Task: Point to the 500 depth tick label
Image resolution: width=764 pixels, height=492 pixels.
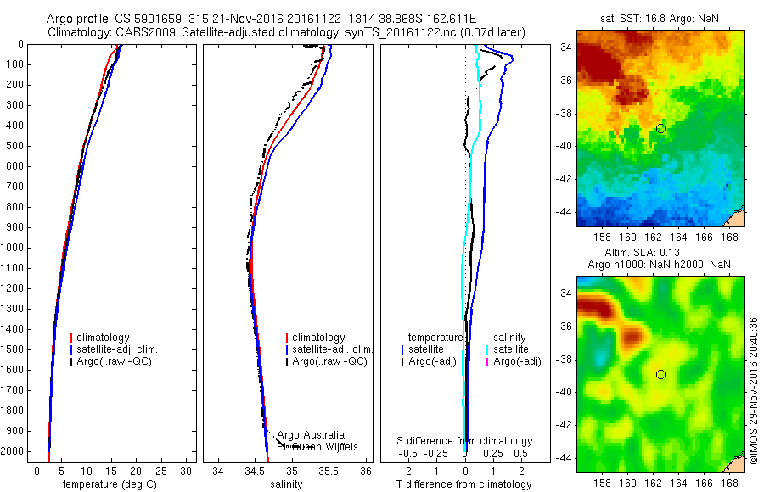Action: (14, 146)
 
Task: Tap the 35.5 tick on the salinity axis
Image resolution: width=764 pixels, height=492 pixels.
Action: (329, 470)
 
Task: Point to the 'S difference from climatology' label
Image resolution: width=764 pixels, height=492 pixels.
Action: (465, 441)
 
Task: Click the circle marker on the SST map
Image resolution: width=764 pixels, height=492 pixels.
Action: (660, 128)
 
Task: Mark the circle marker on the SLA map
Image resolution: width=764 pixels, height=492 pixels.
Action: (660, 374)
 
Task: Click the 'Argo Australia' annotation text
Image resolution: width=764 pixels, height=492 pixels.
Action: (311, 435)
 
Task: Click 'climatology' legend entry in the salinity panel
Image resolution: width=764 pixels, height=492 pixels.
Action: (318, 338)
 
